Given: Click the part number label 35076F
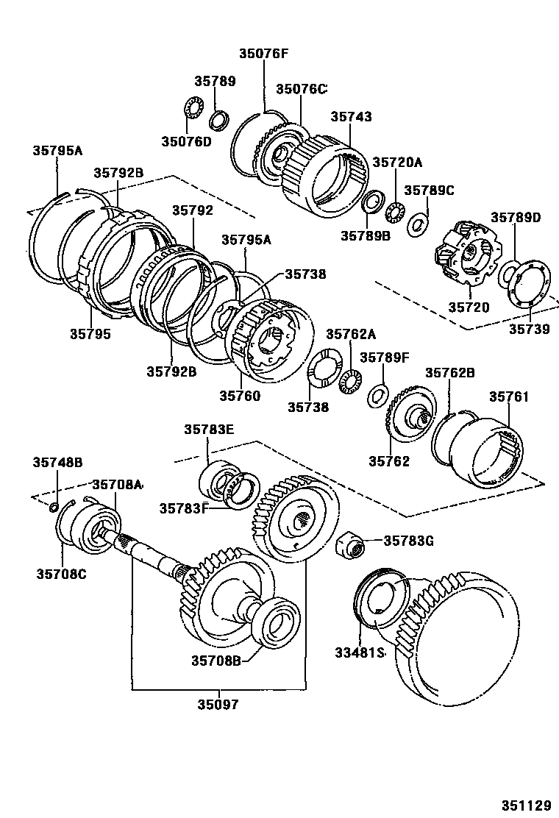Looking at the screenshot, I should (x=263, y=53).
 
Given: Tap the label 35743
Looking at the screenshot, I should (x=351, y=116).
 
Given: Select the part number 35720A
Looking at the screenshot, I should (x=397, y=162).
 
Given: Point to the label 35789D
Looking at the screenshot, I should (x=516, y=217).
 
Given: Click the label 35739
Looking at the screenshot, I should (x=529, y=329).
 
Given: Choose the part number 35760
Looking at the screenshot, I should (x=239, y=395).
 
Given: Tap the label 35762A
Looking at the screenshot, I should (x=351, y=334).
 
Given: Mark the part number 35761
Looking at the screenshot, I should (x=509, y=396).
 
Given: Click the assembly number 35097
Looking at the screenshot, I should (x=218, y=704).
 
